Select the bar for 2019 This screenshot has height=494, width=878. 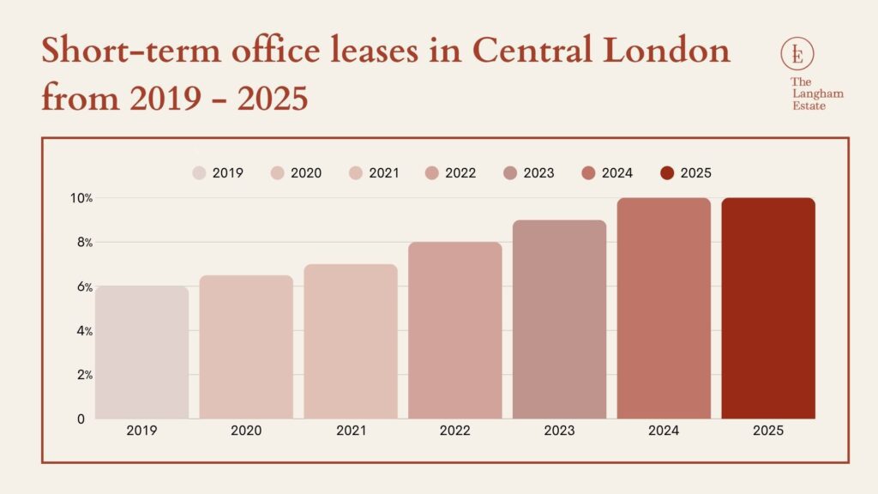pyautogui.click(x=141, y=352)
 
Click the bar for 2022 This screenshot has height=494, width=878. pyautogui.click(x=454, y=330)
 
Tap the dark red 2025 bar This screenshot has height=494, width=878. pyautogui.click(x=767, y=309)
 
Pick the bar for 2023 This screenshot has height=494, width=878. pyautogui.click(x=559, y=319)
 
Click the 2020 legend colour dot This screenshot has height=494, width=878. pyautogui.click(x=278, y=173)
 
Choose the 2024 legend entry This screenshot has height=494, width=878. pyautogui.click(x=607, y=173)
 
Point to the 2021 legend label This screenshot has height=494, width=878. pyautogui.click(x=384, y=173)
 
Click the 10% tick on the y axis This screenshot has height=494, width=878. pyautogui.click(x=81, y=198)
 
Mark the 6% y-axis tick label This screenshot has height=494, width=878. pyautogui.click(x=82, y=286)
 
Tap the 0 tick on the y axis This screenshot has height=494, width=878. pyautogui.click(x=81, y=419)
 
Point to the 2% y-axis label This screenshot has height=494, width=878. pyautogui.click(x=82, y=375)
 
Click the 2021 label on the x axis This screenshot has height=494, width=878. pyautogui.click(x=350, y=431)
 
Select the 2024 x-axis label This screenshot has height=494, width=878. pyautogui.click(x=663, y=431)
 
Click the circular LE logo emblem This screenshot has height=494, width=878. pyautogui.click(x=797, y=55)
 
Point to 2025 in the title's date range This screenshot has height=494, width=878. pyautogui.click(x=272, y=99)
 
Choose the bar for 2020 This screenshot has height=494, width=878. pyautogui.click(x=246, y=347)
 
